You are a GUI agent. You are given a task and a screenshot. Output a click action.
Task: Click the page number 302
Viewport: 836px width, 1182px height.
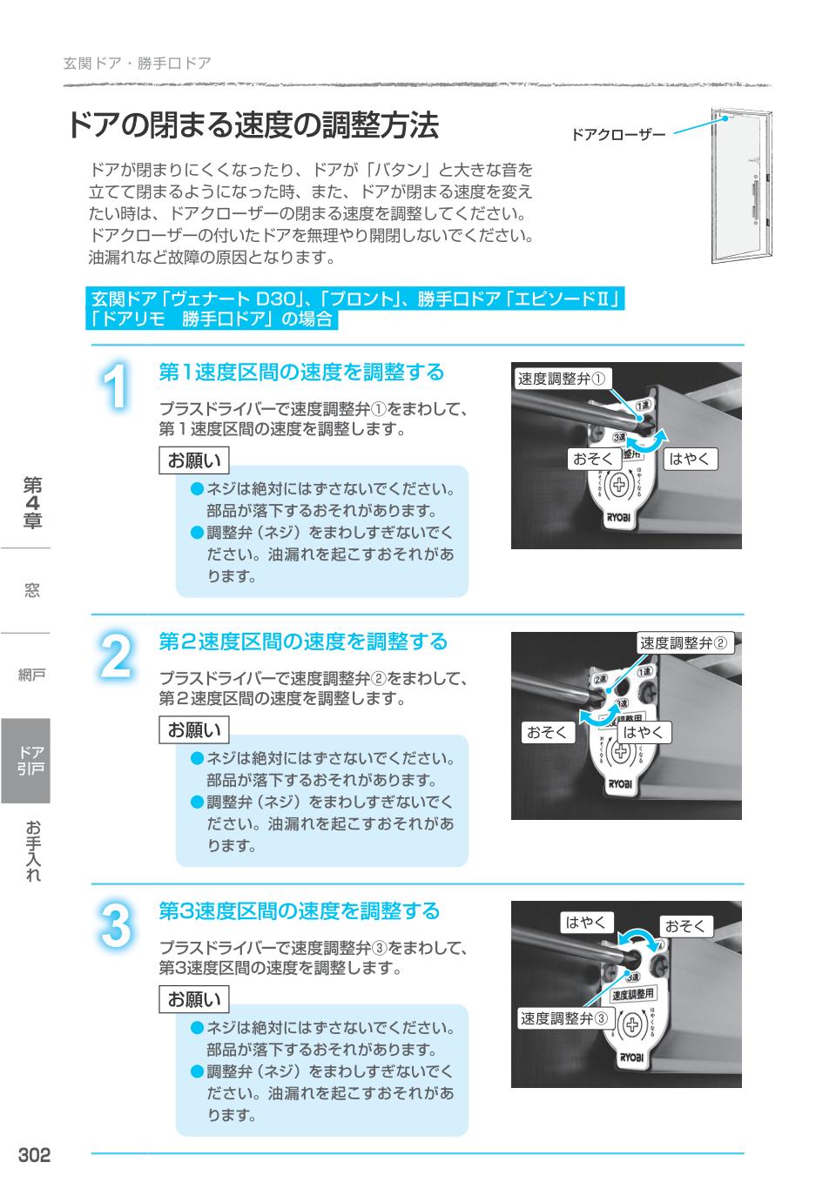(35, 1155)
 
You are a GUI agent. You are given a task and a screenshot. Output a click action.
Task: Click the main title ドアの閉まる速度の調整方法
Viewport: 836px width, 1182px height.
(253, 126)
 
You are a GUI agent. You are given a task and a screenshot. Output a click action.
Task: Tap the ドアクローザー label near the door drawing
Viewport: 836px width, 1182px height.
(617, 135)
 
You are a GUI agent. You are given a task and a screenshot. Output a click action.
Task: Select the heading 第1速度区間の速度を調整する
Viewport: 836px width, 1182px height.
(301, 373)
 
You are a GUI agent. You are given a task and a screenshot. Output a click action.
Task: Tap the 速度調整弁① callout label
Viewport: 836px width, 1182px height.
(562, 379)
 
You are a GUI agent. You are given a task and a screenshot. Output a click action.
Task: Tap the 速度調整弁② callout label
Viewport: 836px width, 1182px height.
(684, 643)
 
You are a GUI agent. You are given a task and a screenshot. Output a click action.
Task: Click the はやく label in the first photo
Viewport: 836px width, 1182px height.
(689, 459)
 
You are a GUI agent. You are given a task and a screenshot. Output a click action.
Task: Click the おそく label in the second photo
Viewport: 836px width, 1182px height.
(547, 732)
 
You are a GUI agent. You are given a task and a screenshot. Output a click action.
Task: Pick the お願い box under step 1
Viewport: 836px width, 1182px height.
(194, 460)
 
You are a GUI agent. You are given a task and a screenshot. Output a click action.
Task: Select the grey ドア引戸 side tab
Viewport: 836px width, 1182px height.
(26, 760)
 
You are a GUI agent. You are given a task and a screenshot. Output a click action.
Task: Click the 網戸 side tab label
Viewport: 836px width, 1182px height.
(31, 675)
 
